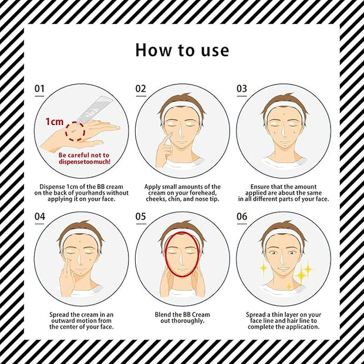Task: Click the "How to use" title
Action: click(182, 50)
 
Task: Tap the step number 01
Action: click(39, 89)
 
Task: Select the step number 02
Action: click(141, 89)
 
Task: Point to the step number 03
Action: click(242, 89)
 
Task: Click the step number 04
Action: click(40, 217)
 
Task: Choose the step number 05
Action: click(141, 217)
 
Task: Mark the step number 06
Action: click(242, 217)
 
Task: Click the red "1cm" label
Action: click(55, 122)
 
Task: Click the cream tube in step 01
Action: click(95, 110)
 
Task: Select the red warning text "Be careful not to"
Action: click(84, 155)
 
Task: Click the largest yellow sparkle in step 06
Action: click(301, 275)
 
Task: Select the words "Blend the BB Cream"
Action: click(182, 315)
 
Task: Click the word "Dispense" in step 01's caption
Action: click(52, 187)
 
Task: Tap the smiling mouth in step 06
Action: click(283, 269)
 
